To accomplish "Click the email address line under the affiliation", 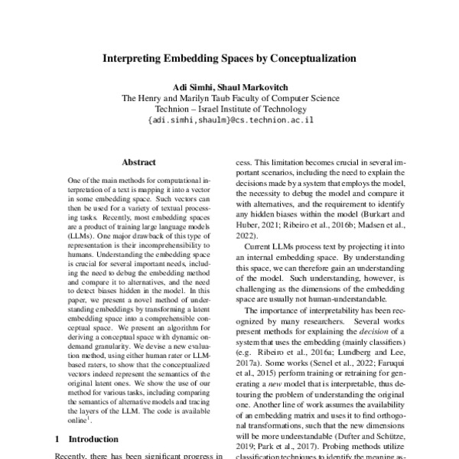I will click(229, 121).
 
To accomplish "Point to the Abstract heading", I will click(138, 163).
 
